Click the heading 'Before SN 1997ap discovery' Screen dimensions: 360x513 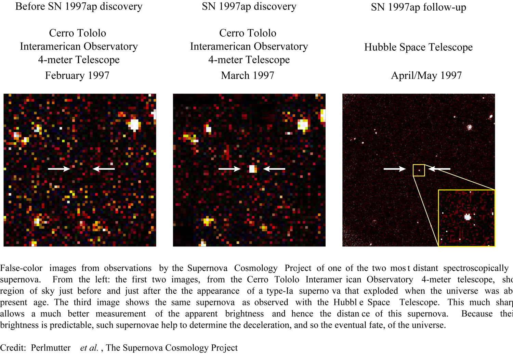click(79, 7)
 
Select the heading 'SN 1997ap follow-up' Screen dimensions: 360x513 click(418, 7)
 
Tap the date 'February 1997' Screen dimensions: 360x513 click(77, 75)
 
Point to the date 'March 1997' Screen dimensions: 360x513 click(248, 75)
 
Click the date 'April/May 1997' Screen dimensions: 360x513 click(426, 75)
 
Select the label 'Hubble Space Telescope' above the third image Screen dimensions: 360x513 click(418, 47)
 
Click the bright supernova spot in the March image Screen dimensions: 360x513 click(253, 168)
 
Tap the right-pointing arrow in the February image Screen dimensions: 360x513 click(59, 168)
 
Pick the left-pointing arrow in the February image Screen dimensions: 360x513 click(104, 168)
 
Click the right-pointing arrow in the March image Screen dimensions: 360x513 click(229, 168)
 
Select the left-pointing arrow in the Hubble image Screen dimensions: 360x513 click(439, 168)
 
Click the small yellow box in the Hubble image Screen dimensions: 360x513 click(419, 170)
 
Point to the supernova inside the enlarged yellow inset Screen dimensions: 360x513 click(468, 217)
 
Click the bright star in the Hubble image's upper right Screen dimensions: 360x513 click(470, 127)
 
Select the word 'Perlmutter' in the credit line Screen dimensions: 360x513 click(51, 348)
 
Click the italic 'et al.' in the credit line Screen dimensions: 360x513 click(89, 348)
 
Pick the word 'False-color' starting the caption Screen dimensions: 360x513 click(21, 268)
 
